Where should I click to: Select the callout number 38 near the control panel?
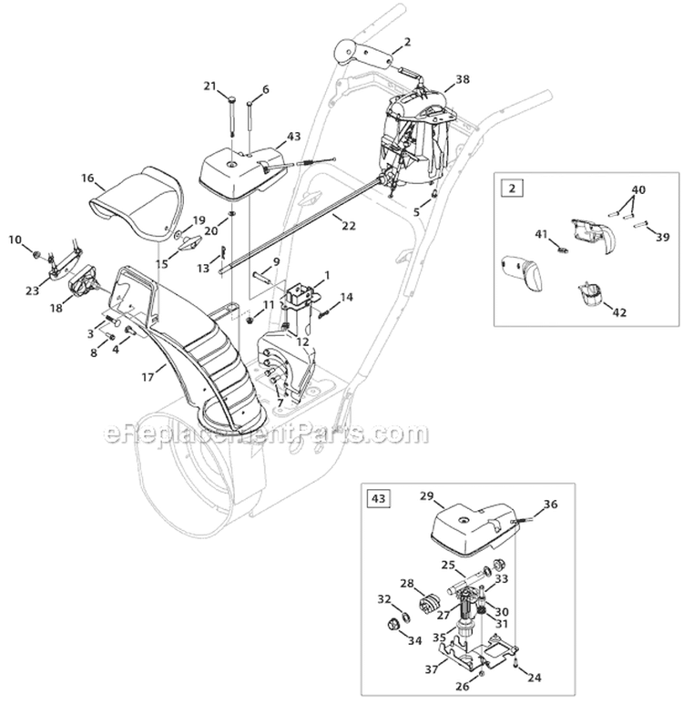(463, 79)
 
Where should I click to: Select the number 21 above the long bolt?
(210, 87)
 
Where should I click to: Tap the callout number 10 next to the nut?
(15, 240)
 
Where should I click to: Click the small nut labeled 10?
(35, 251)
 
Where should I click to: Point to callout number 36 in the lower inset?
(550, 505)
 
